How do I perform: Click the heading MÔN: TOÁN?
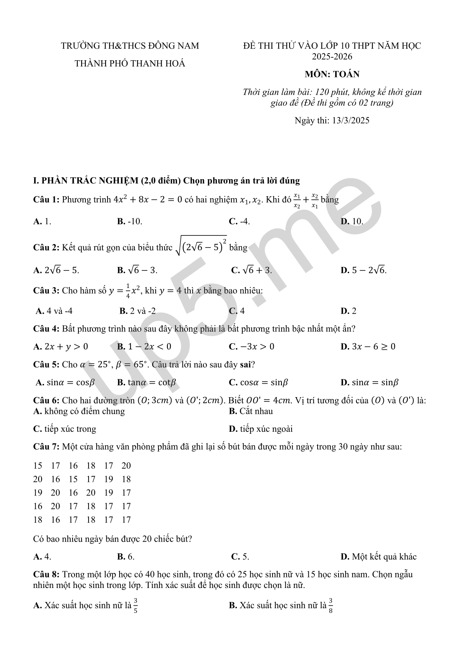[x=332, y=74]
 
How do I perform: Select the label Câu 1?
[x=46, y=200]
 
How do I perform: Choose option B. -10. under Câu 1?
[x=130, y=221]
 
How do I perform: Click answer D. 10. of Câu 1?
[x=352, y=221]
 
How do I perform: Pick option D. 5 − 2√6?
[x=363, y=270]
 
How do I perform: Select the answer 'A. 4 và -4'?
[x=54, y=311]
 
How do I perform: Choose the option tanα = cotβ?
[x=147, y=382]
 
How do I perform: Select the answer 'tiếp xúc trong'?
[x=65, y=429]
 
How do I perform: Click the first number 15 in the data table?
[x=38, y=466]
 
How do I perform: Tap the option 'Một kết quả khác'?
[x=379, y=556]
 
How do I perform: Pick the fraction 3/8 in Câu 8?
[x=331, y=605]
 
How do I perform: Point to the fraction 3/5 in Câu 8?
[x=135, y=605]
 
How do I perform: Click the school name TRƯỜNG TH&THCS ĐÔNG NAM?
[x=130, y=46]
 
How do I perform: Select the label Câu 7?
[x=46, y=447]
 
